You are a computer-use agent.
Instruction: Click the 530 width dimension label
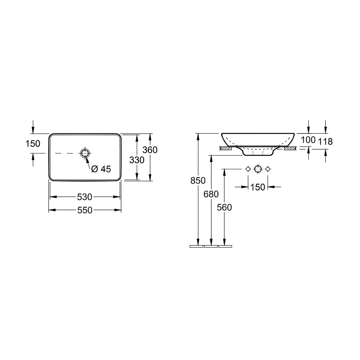[x=84, y=197]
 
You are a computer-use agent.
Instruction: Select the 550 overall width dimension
[x=85, y=210]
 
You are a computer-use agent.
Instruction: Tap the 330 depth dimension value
[x=137, y=160]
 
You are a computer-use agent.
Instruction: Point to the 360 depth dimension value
[x=150, y=150]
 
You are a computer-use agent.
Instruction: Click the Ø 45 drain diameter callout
[x=101, y=169]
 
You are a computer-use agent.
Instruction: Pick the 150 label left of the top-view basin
[x=33, y=144]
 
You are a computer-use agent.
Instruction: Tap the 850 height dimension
[x=198, y=181]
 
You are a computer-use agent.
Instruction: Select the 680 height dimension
[x=211, y=194]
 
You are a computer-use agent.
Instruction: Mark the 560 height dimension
[x=224, y=208]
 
